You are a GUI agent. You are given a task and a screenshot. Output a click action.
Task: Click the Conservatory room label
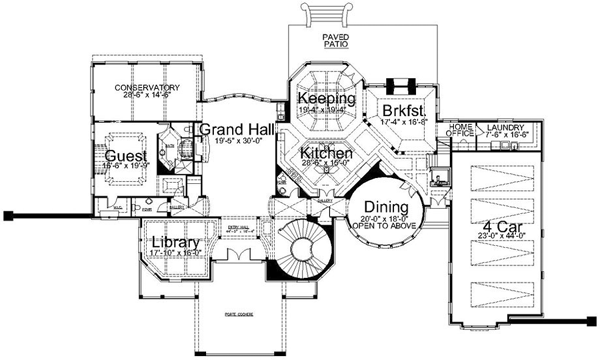tap(147, 88)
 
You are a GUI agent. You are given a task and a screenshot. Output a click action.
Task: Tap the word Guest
tap(126, 157)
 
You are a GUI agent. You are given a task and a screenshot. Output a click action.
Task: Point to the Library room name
tap(175, 243)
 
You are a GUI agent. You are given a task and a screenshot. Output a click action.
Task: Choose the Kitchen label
tap(327, 155)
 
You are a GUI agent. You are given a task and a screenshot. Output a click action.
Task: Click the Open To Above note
tap(384, 227)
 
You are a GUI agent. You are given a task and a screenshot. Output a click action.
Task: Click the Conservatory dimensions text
tap(147, 96)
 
